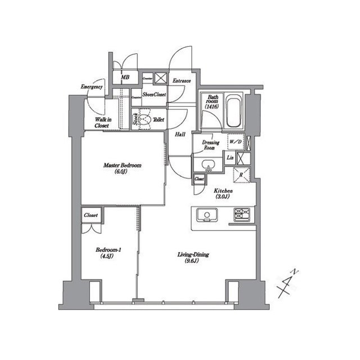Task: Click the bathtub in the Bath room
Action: tap(234, 112)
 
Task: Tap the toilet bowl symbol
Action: tap(146, 119)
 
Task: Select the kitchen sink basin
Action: tap(206, 215)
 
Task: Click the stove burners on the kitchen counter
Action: tap(243, 214)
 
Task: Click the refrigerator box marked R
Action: tap(241, 174)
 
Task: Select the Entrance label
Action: tap(181, 80)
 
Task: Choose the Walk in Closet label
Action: tap(102, 122)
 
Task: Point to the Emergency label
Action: tap(92, 87)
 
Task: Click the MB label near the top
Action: tap(125, 77)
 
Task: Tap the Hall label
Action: tap(180, 134)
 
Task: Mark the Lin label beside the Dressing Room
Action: tap(231, 158)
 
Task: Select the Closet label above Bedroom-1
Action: tap(91, 215)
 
